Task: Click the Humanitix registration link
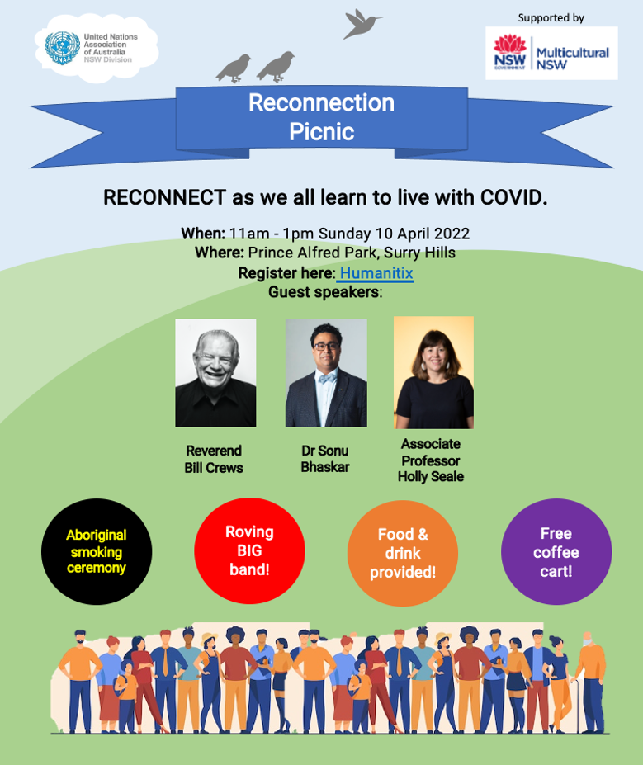(376, 273)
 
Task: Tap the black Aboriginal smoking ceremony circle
(97, 552)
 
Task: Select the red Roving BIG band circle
(250, 550)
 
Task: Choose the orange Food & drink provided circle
(403, 553)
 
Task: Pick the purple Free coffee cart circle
(556, 552)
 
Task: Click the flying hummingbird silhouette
(361, 23)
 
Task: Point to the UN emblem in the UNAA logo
(63, 48)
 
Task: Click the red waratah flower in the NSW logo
(510, 44)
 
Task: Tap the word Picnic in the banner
(322, 132)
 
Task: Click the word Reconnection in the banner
(322, 102)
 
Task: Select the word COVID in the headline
(513, 197)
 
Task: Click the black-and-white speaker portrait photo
(215, 373)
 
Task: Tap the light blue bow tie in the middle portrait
(326, 378)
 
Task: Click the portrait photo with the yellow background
(433, 372)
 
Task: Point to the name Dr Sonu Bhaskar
(325, 459)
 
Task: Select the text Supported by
(551, 18)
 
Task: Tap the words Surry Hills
(419, 253)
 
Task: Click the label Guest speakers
(325, 292)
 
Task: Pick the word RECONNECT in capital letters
(165, 197)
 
